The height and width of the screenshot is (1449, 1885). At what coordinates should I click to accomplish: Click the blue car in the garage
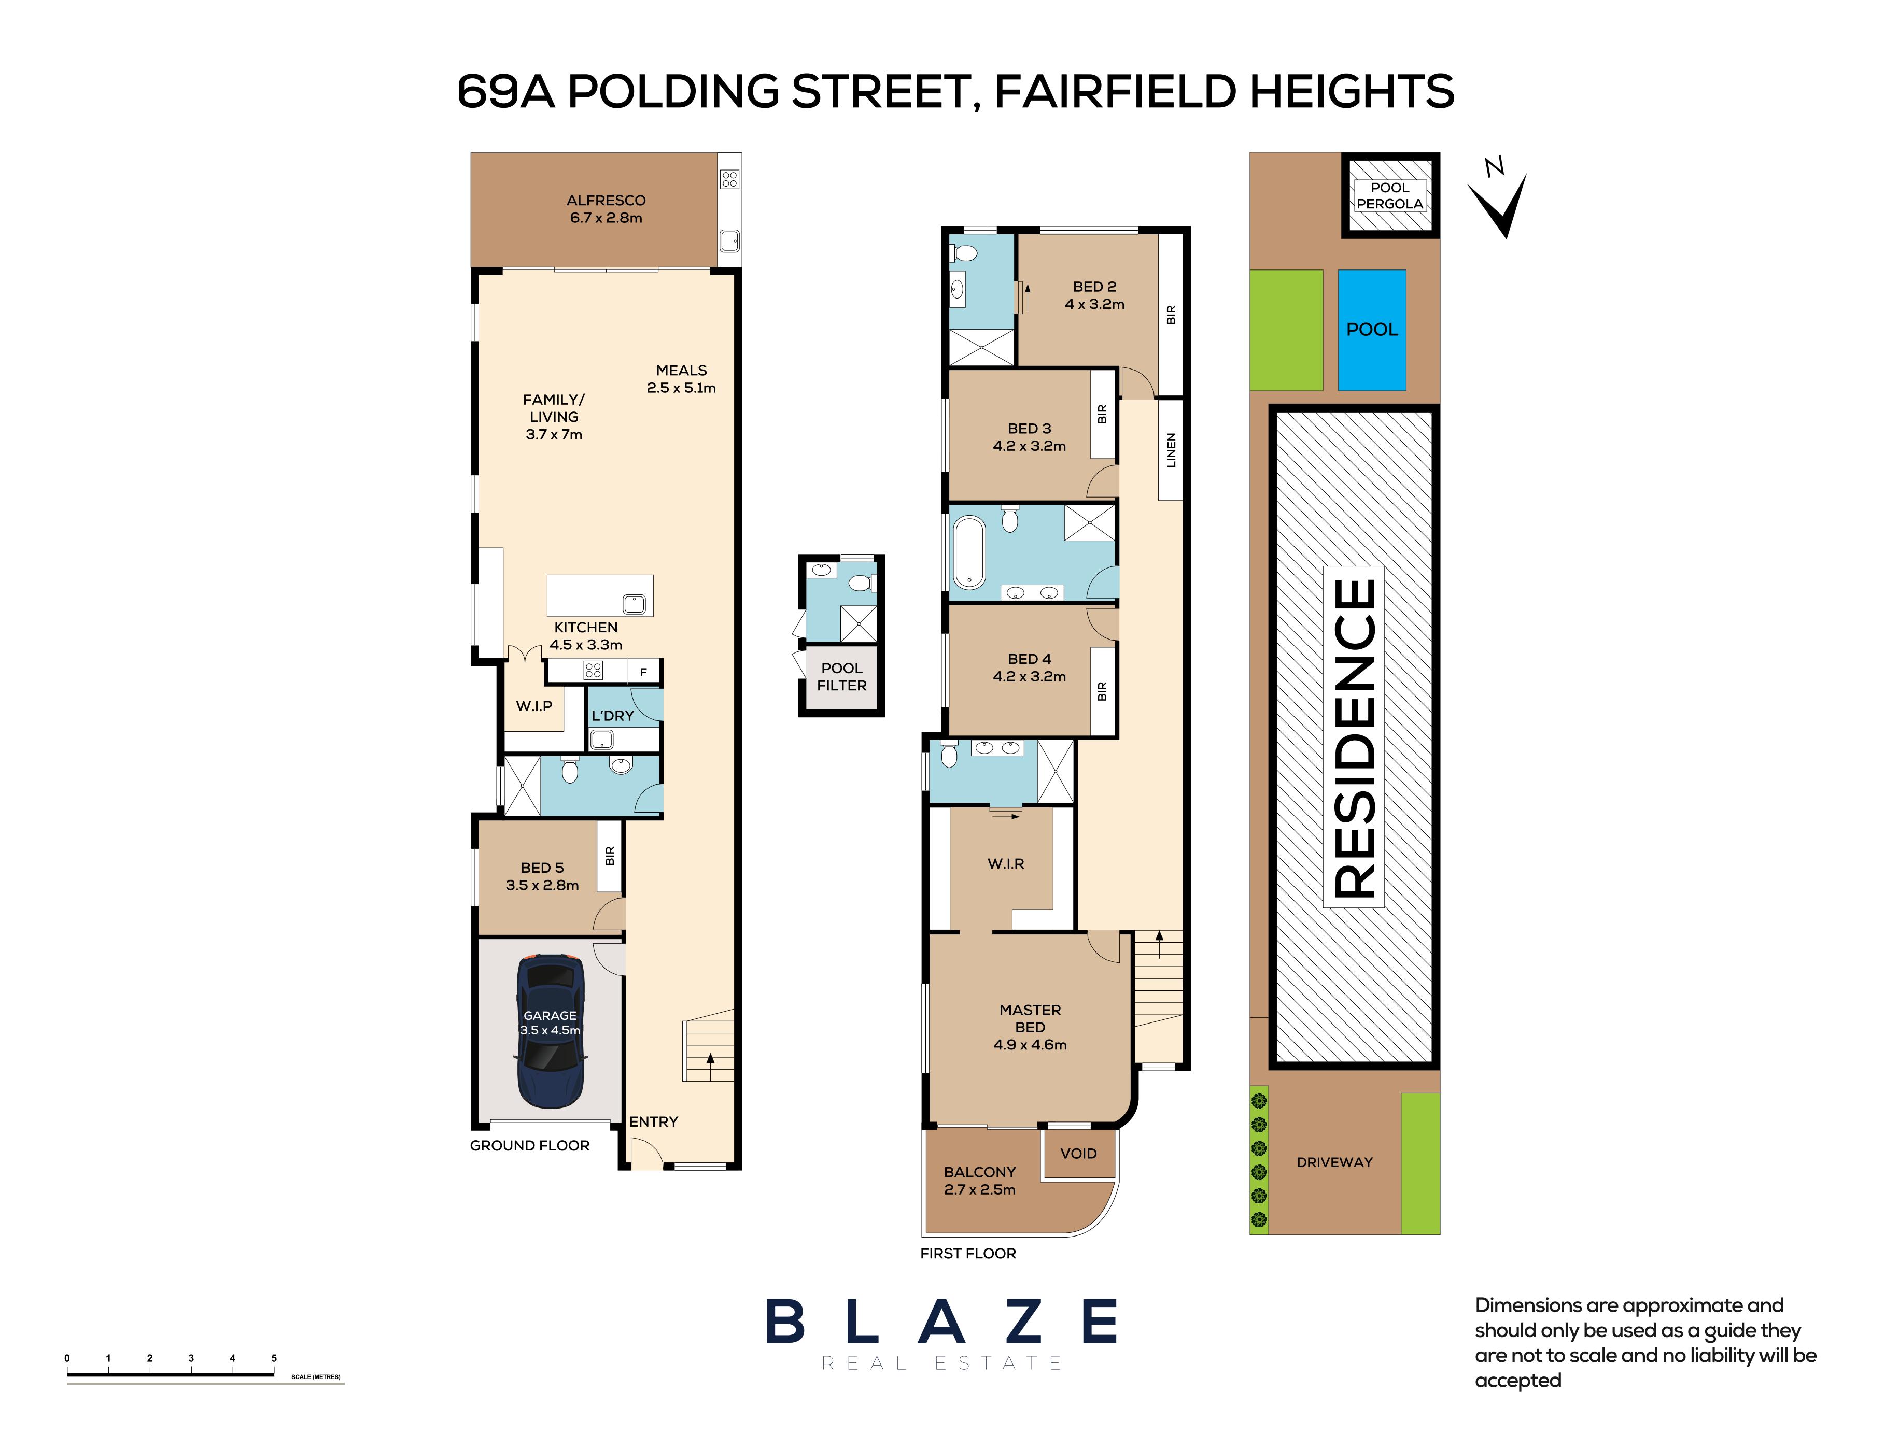click(551, 1031)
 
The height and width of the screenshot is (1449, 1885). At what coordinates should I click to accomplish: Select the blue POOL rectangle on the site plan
click(1372, 330)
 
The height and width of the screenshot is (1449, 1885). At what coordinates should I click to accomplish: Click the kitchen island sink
click(634, 603)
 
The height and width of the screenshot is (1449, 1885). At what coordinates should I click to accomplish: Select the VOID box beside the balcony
click(1078, 1153)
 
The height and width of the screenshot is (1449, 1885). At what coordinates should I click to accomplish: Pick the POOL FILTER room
click(841, 677)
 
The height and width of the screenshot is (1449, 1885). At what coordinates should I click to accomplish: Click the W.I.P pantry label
click(534, 705)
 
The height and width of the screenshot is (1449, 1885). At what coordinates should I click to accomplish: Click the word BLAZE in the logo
click(941, 1322)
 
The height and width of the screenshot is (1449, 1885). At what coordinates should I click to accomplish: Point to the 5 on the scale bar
click(274, 1358)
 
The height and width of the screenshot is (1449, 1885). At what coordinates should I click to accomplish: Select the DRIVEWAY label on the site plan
click(1334, 1162)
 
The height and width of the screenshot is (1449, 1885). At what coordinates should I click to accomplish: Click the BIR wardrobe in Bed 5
click(610, 856)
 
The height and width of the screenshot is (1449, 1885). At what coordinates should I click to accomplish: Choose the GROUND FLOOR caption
click(530, 1145)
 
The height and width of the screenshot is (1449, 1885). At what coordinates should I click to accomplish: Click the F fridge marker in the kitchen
click(643, 672)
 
